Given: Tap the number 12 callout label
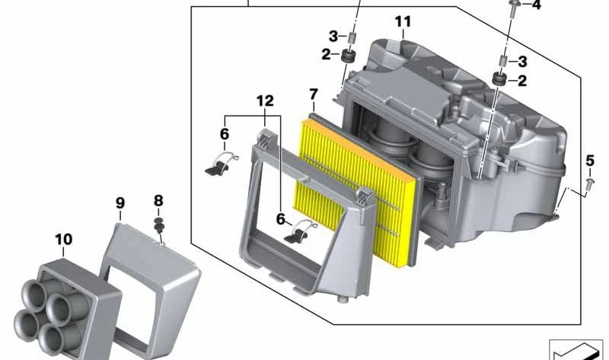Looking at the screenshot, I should (x=263, y=100).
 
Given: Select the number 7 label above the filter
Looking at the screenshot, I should (x=313, y=95).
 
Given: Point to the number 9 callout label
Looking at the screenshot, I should (x=120, y=203).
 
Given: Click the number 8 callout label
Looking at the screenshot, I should (x=158, y=201).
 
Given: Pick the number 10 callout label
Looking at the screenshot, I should (x=64, y=241).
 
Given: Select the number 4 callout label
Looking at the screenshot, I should (x=537, y=6).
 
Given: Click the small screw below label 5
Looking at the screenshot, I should (x=591, y=183).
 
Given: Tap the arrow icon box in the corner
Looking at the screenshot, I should (x=575, y=350).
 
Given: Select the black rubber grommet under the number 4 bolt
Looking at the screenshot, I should (x=500, y=79).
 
